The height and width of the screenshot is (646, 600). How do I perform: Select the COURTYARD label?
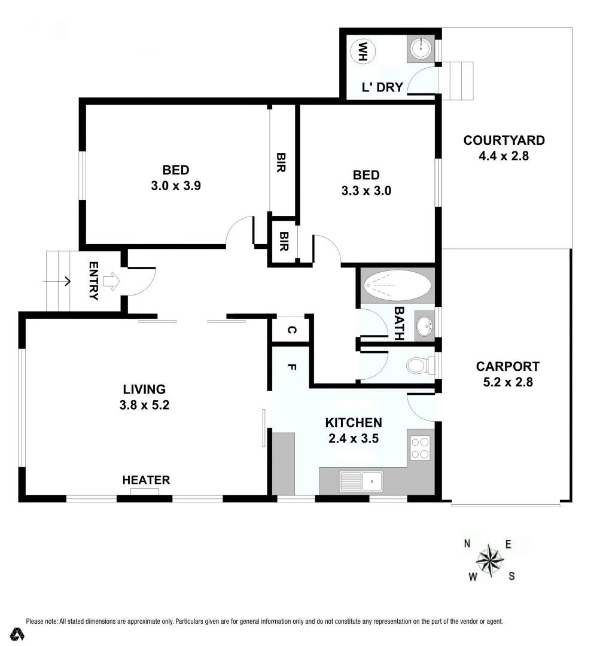click(504, 141)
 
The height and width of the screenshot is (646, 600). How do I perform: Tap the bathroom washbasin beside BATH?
click(425, 326)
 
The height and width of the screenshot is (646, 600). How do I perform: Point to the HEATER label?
click(146, 480)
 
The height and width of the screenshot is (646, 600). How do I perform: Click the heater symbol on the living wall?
click(145, 492)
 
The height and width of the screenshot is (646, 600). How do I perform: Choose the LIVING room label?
click(144, 389)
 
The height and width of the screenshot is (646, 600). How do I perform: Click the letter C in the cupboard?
click(291, 330)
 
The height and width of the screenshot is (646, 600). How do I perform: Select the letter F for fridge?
click(291, 367)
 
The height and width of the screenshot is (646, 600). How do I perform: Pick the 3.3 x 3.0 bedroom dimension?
click(366, 191)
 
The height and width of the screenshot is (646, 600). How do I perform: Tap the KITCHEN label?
click(354, 422)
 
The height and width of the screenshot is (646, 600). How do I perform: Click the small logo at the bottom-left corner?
click(18, 634)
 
